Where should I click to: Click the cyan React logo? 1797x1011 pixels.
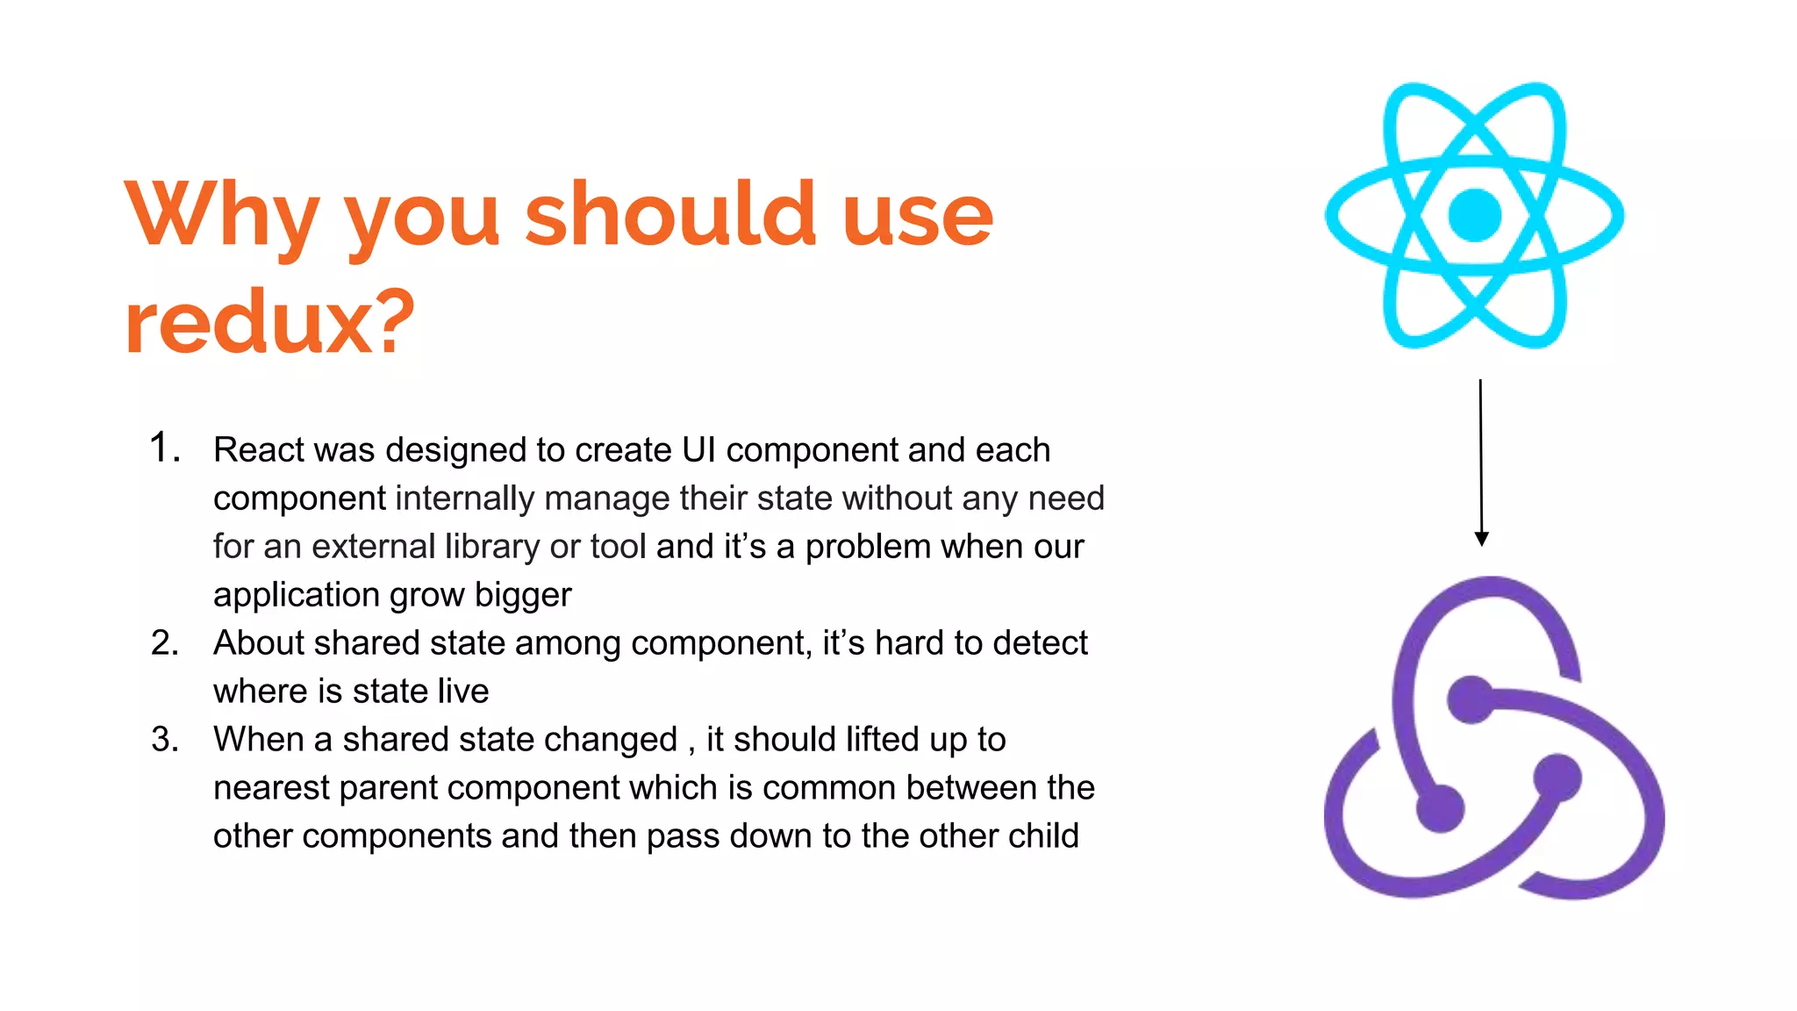pyautogui.click(x=1474, y=215)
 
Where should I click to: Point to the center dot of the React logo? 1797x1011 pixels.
pyautogui.click(x=1474, y=215)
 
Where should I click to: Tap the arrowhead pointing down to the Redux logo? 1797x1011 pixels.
pyautogui.click(x=1481, y=539)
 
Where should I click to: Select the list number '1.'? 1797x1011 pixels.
pyautogui.click(x=164, y=448)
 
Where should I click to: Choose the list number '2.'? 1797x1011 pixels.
pyautogui.click(x=164, y=643)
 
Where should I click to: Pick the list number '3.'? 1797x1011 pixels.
pyautogui.click(x=164, y=740)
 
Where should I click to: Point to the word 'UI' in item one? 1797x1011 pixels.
pyautogui.click(x=698, y=450)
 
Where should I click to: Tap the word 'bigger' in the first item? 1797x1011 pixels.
pyautogui.click(x=523, y=595)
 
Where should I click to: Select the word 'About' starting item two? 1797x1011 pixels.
pyautogui.click(x=258, y=643)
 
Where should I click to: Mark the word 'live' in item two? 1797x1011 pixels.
pyautogui.click(x=462, y=692)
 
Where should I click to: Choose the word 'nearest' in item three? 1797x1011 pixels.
pyautogui.click(x=271, y=788)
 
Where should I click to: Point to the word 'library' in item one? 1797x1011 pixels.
pyautogui.click(x=492, y=547)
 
